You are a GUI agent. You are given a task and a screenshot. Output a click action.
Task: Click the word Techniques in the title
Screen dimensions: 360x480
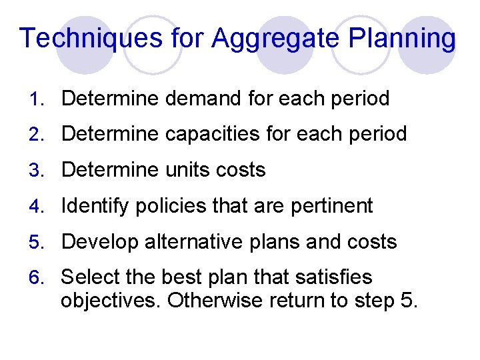pos(90,39)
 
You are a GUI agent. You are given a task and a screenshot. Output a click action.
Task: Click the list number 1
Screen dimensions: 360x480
pos(37,99)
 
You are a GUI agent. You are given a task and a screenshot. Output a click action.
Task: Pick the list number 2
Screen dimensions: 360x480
pos(37,135)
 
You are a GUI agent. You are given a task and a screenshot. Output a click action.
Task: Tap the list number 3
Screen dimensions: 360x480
pos(37,171)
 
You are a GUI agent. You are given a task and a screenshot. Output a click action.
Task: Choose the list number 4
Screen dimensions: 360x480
pos(37,206)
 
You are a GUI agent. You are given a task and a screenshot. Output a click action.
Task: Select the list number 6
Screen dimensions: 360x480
pos(37,277)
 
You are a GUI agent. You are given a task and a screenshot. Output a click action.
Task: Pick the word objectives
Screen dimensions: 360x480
pos(111,301)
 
